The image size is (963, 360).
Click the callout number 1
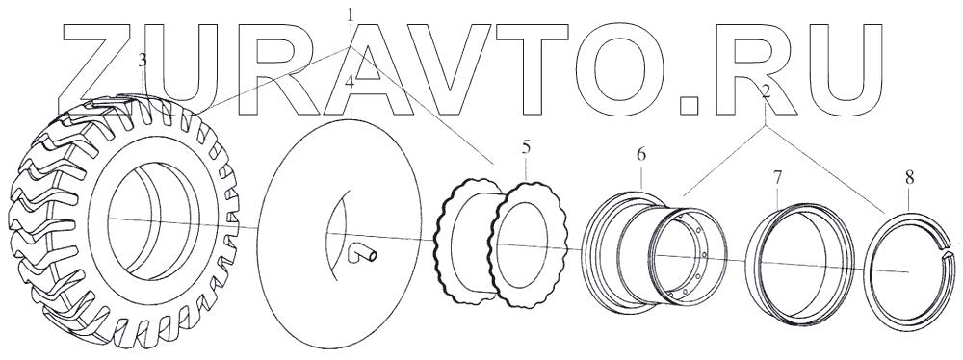(x=351, y=14)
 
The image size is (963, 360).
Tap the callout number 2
(x=766, y=92)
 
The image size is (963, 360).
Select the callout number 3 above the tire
(x=143, y=61)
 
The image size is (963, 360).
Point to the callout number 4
(x=350, y=83)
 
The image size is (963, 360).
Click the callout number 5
(x=526, y=147)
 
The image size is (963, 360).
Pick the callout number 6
(x=640, y=155)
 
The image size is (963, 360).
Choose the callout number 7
(x=777, y=178)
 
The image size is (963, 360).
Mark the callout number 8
(x=910, y=178)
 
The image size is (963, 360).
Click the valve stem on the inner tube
(x=360, y=252)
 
